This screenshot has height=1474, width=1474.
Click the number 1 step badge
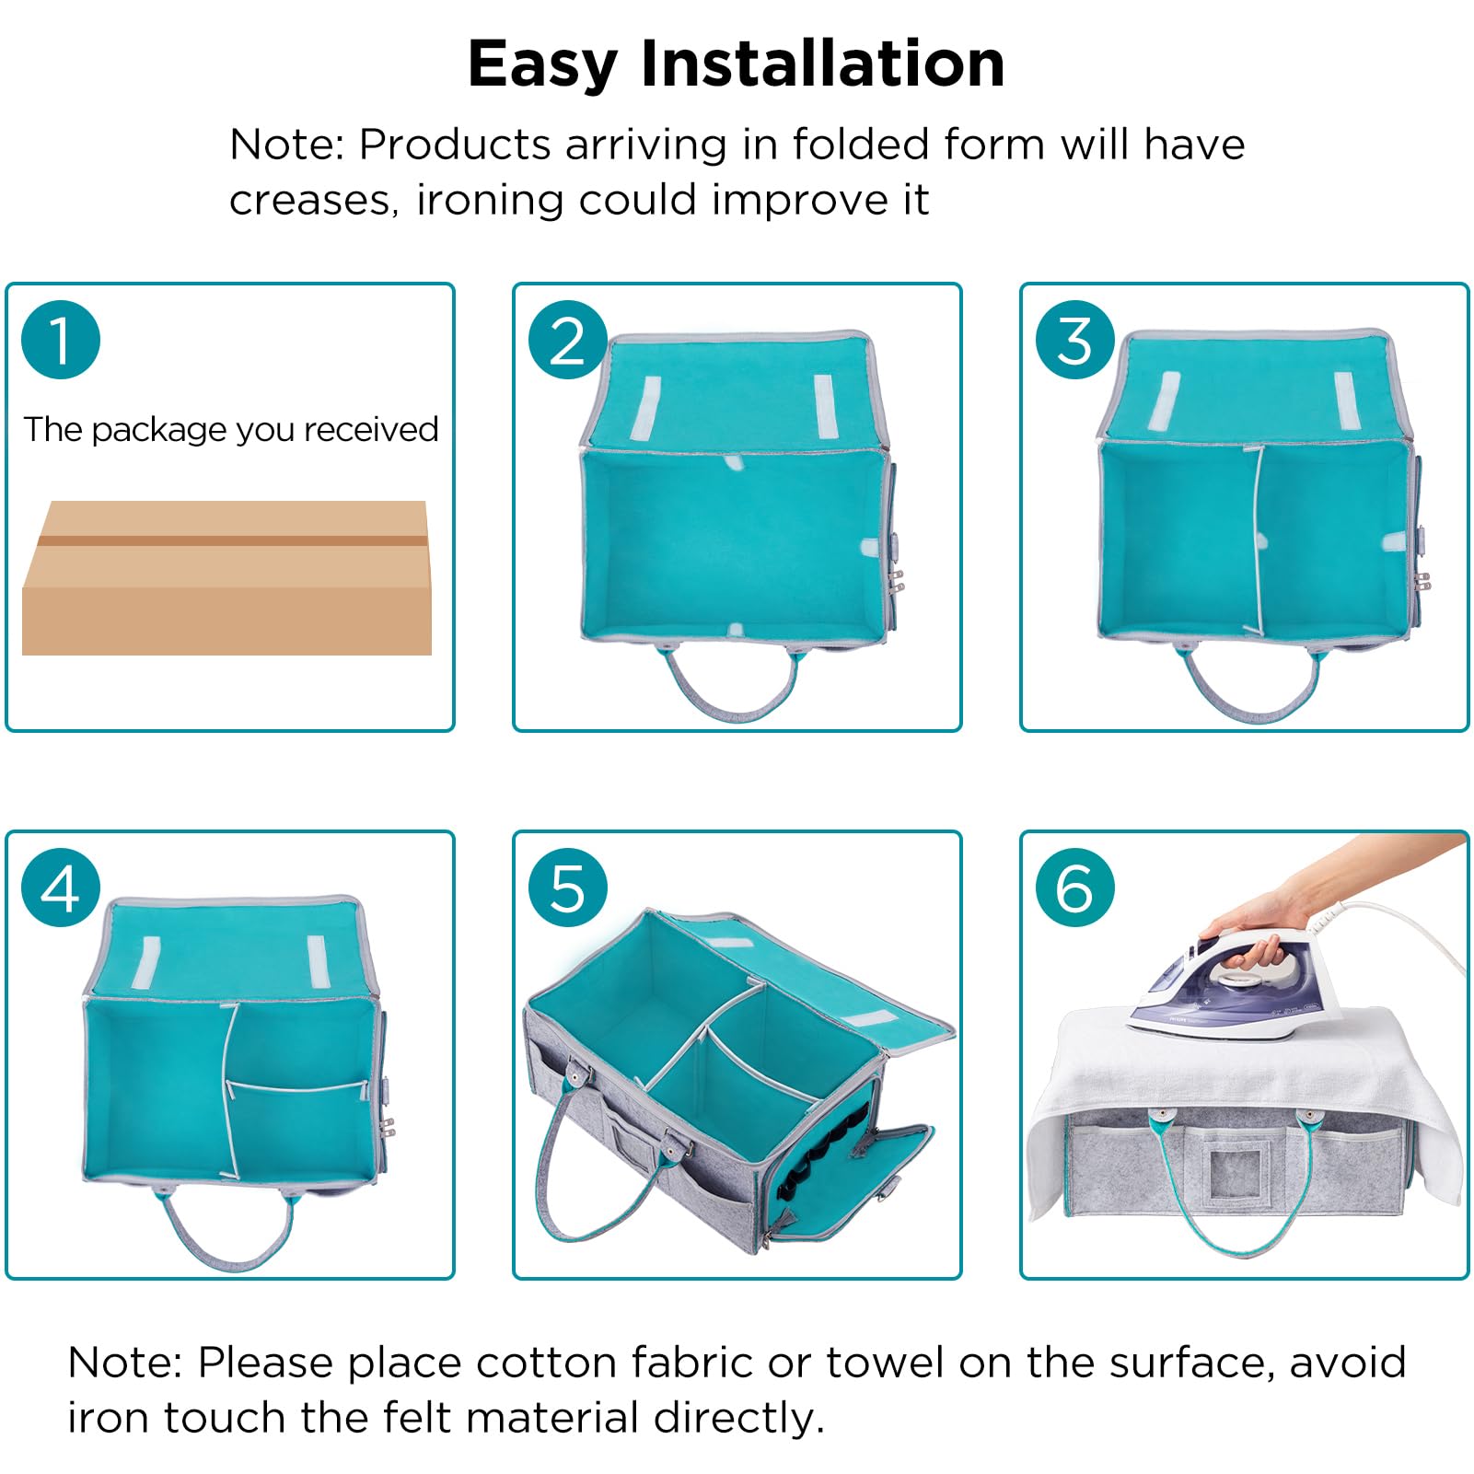coord(61,340)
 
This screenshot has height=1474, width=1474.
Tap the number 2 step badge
coord(568,340)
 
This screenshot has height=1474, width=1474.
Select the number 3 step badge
coord(1075,340)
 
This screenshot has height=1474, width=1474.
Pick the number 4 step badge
coord(61,888)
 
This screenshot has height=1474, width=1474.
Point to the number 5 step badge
coord(568,888)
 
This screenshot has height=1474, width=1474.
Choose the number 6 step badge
coord(1075,888)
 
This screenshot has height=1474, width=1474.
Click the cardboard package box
coord(226,578)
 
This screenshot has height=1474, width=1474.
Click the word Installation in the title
coord(822,64)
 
